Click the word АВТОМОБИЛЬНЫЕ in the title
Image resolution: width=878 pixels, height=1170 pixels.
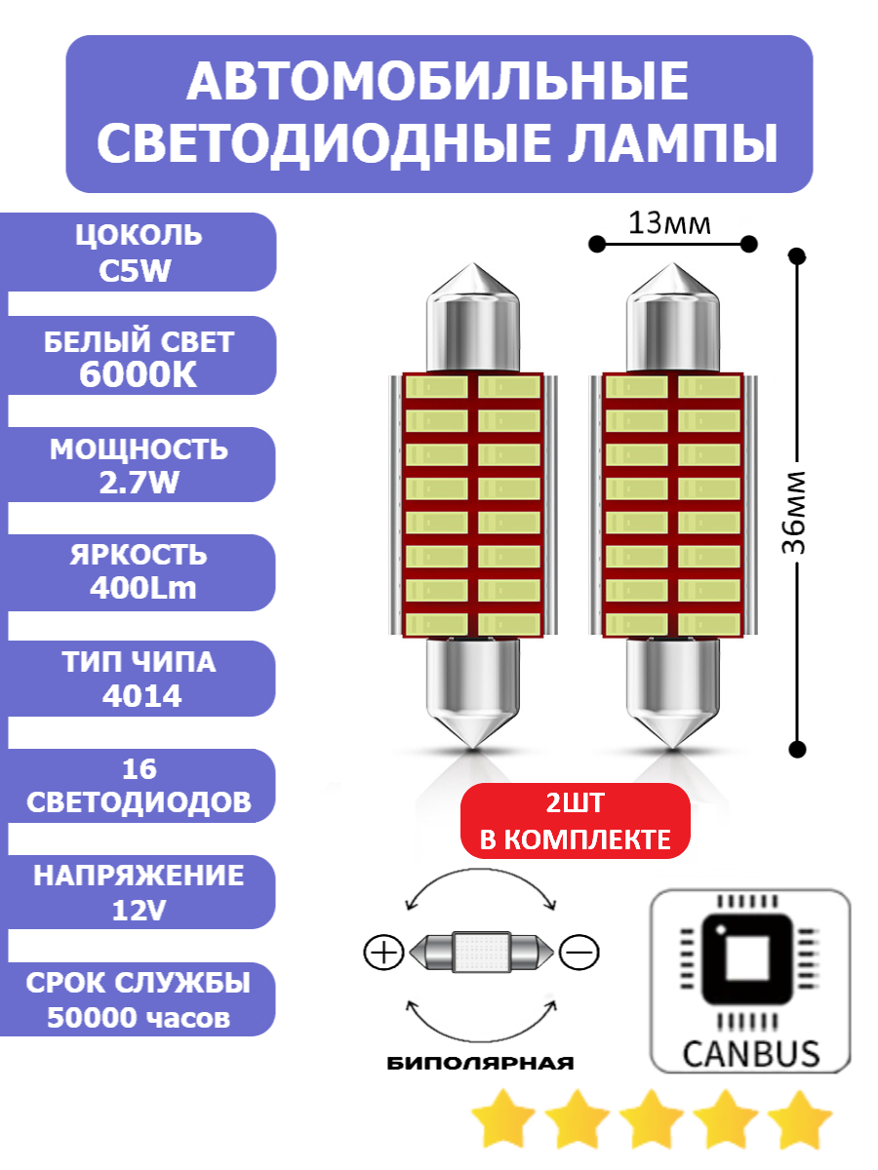tap(438, 82)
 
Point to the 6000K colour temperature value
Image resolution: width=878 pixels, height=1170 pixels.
tap(138, 375)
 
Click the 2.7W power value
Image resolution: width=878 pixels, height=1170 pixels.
tap(138, 483)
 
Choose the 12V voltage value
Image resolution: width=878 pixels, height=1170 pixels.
tap(140, 911)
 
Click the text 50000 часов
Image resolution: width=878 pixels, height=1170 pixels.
tap(139, 1018)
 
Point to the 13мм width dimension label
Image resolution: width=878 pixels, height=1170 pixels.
tap(669, 224)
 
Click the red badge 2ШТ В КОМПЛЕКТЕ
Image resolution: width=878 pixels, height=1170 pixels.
tap(575, 822)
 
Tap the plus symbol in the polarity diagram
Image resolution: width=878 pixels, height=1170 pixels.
tap(382, 952)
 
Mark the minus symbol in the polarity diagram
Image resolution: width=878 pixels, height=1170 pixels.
tap(579, 951)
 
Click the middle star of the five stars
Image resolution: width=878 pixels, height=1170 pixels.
tap(652, 1119)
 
